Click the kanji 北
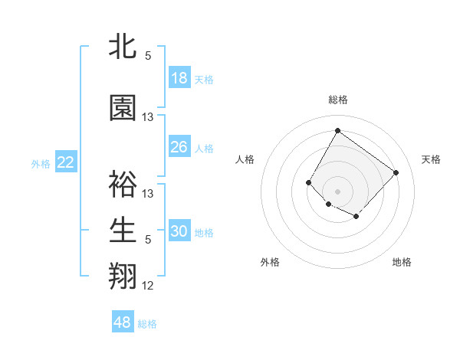123,47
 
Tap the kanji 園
123,109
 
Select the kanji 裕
123,185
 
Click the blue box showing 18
179,78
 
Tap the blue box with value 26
179,147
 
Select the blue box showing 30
179,232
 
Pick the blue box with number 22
66,162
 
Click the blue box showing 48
123,322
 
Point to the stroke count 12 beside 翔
148,286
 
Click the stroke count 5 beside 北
148,56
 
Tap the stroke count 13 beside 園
148,117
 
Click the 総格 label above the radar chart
337,100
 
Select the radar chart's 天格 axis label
431,159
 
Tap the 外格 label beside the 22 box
41,163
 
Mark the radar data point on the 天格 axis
396,172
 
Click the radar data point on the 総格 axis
337,130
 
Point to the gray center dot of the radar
337,191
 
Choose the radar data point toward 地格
356,218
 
